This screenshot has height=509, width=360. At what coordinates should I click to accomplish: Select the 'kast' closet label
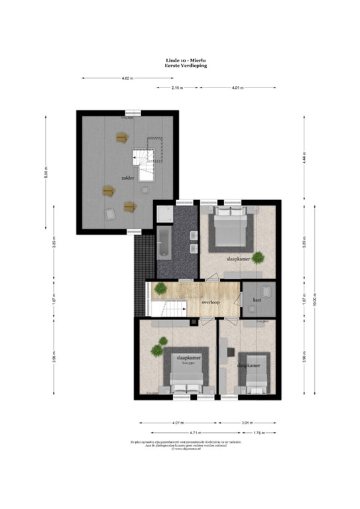coord(257,300)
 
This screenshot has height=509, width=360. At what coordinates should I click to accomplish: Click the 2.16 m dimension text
coord(176,87)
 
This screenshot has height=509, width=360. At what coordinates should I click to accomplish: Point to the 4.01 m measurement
coord(237,87)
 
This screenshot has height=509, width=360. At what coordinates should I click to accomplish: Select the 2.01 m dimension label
coord(247,422)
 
